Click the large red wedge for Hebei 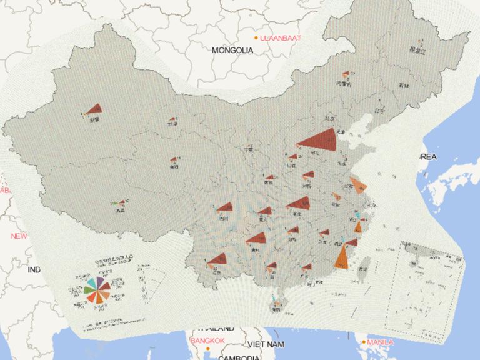tap(320, 141)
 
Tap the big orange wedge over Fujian tap(341, 257)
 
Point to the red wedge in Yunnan tap(218, 259)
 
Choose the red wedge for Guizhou tap(257, 238)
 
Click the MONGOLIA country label tap(232, 50)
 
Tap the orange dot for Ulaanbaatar tap(256, 38)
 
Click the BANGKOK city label tap(207, 340)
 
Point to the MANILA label tap(380, 342)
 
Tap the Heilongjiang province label tap(417, 50)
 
